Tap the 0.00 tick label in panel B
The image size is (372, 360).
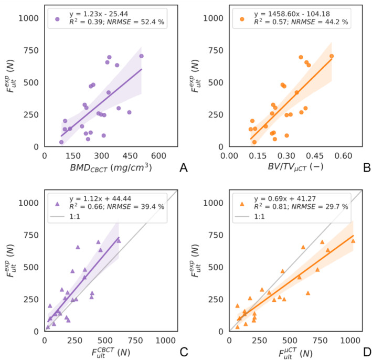pyautogui.click(x=229, y=156)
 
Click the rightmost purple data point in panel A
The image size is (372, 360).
pyautogui.click(x=141, y=56)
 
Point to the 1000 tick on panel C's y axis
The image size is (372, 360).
pyautogui.click(x=30, y=203)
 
